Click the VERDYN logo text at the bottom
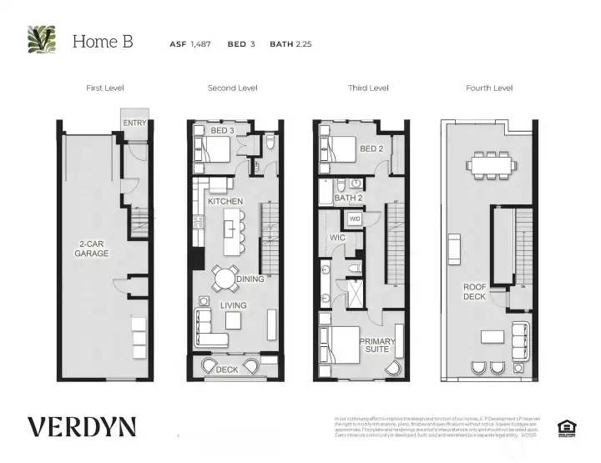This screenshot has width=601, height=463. point(81,426)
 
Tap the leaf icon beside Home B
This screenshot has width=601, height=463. point(42,39)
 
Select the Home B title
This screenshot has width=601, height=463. point(103,41)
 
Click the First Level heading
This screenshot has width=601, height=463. point(104,88)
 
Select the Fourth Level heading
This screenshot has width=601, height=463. point(489,88)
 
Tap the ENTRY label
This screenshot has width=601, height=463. point(134,123)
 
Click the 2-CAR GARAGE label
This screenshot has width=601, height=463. point(87,249)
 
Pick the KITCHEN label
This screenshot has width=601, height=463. point(225,202)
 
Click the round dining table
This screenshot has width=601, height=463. point(224,277)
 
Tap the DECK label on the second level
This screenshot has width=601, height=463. point(226,370)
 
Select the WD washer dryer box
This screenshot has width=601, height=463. point(354,219)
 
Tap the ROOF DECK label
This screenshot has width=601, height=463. point(475,293)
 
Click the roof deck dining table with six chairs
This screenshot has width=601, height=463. point(488,164)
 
